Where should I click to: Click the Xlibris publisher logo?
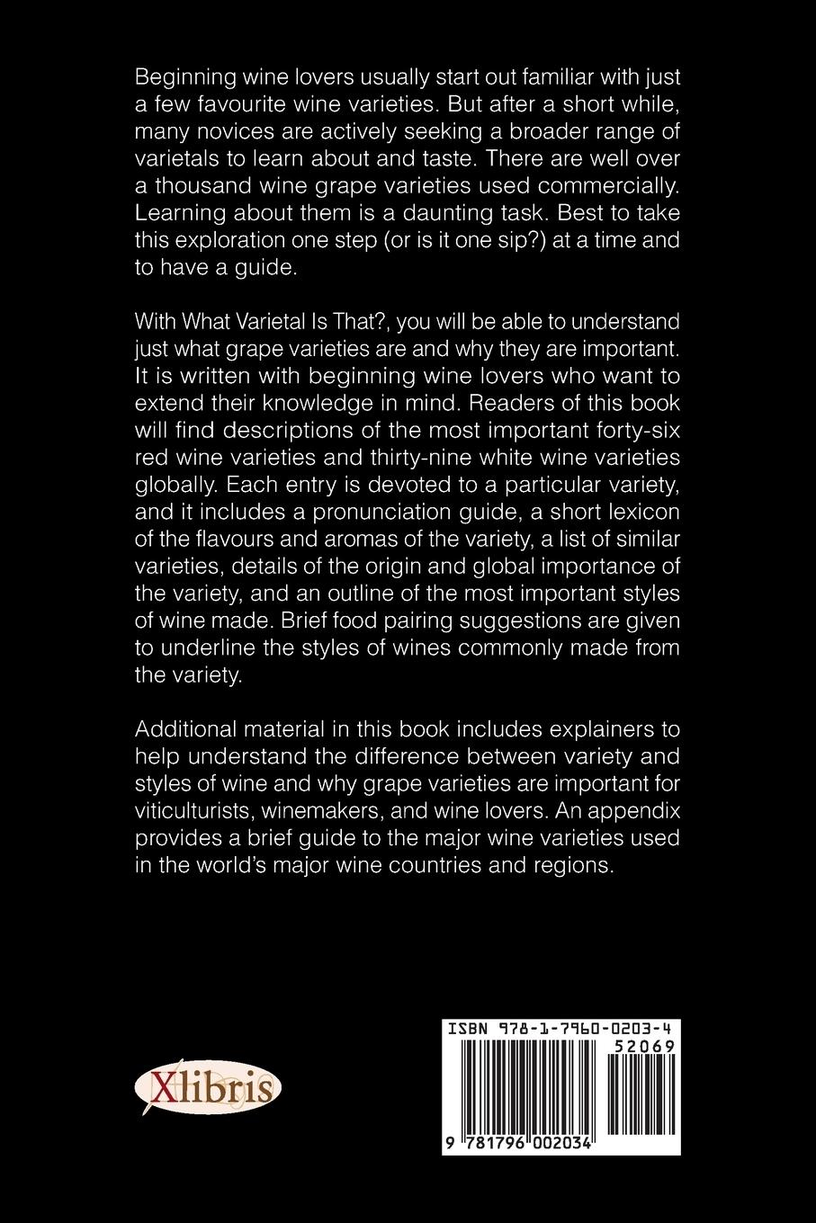coord(208,1089)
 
